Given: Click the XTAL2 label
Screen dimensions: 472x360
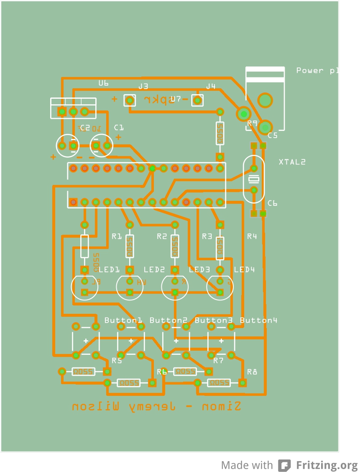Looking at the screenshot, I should coord(292,162).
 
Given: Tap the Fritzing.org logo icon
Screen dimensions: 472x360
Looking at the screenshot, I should coord(285,465).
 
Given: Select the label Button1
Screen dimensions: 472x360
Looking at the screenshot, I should coord(123,321).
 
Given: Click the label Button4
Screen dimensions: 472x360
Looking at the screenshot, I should coord(258,321).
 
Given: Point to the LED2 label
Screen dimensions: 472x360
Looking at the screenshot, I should coord(154,269).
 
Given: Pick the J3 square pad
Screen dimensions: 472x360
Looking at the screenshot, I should coord(130,100).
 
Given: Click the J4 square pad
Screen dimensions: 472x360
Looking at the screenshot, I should coord(197,100).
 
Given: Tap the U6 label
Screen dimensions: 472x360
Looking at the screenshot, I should coord(103,83).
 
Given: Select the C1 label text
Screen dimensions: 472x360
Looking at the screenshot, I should coord(119,128).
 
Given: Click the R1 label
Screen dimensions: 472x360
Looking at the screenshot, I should coord(117,236).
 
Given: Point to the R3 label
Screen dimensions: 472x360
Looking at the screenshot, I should coord(207,236).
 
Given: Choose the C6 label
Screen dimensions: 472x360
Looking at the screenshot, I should coord(273,203).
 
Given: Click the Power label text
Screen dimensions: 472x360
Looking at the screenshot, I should coord(310,70).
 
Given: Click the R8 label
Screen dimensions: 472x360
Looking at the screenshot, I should coord(252,372).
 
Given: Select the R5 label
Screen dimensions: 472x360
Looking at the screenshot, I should coord(117,360).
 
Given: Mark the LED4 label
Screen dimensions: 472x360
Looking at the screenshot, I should coord(244,269).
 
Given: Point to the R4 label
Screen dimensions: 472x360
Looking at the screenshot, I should coord(252,236).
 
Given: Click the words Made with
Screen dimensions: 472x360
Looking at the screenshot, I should coord(247,465).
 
